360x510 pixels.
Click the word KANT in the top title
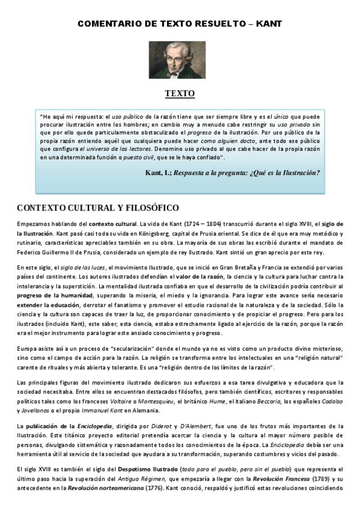[269, 23]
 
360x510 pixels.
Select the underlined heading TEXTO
[180, 94]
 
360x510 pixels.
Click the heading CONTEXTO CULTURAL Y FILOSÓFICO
[97, 208]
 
